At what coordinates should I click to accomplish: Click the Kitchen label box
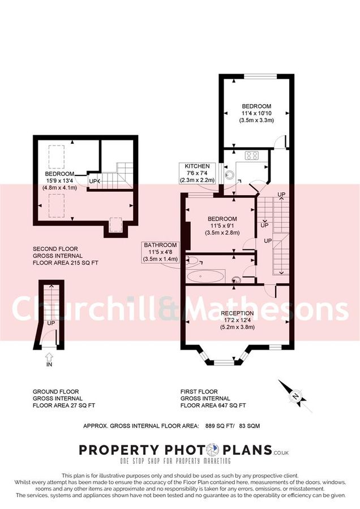point(197,172)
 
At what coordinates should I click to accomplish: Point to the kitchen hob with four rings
point(251,156)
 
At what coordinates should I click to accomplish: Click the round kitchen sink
point(229,174)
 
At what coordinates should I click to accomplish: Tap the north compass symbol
point(294,396)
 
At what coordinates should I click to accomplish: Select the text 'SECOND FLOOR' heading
point(55,249)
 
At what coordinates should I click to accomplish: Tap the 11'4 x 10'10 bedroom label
point(256,113)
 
